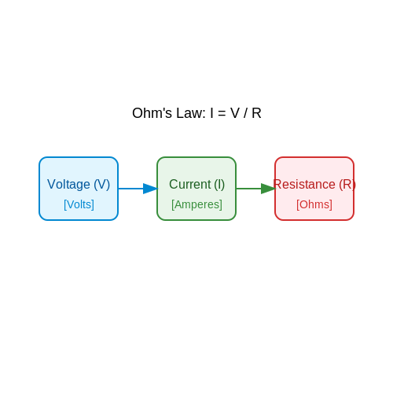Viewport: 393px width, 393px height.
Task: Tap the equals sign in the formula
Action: pos(222,114)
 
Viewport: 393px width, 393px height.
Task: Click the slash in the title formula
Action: pos(245,113)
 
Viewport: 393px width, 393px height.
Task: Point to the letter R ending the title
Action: pos(256,113)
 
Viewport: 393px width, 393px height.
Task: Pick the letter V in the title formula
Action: pos(235,113)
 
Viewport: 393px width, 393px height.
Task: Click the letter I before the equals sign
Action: pos(211,113)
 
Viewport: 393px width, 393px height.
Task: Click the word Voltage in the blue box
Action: pos(68,185)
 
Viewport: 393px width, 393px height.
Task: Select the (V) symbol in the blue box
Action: pos(102,185)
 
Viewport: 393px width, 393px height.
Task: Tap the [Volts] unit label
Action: pos(79,204)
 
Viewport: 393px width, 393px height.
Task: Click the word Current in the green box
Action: pos(190,184)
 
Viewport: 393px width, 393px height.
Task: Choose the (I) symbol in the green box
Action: pos(219,185)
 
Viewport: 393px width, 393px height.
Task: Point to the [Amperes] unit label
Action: pos(196,204)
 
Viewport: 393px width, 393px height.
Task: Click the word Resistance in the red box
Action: pos(304,184)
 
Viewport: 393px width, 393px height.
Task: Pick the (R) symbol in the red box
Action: pos(347,185)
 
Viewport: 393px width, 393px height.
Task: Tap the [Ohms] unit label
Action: pos(314,204)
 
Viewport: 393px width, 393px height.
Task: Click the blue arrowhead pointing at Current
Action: pos(150,189)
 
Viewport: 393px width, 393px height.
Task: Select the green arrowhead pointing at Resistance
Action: pos(268,189)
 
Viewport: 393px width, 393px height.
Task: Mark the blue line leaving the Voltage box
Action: pos(130,189)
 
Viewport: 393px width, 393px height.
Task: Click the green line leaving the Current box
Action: pos(248,189)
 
